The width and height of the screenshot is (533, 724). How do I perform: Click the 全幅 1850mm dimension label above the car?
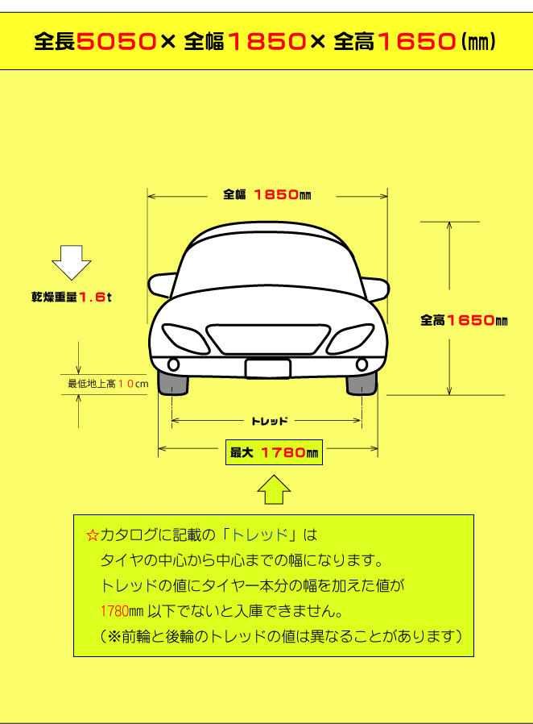point(266,194)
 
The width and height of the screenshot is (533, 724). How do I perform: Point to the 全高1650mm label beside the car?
point(464,320)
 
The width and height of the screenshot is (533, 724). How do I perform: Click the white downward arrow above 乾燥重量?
point(72,262)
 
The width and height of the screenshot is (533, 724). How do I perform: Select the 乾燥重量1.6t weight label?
point(71,297)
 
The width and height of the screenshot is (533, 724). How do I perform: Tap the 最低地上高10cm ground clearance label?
point(108,384)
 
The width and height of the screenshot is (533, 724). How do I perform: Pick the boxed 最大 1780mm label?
point(274,453)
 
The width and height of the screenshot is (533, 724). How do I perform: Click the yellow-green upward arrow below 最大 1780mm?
point(274,489)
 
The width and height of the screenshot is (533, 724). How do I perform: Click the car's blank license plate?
point(267,368)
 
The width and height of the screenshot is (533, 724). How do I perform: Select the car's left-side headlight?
point(184,336)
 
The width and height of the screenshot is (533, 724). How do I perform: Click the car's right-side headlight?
point(350,336)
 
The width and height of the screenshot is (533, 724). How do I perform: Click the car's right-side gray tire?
point(362,382)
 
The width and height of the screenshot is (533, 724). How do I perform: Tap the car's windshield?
point(267,270)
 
